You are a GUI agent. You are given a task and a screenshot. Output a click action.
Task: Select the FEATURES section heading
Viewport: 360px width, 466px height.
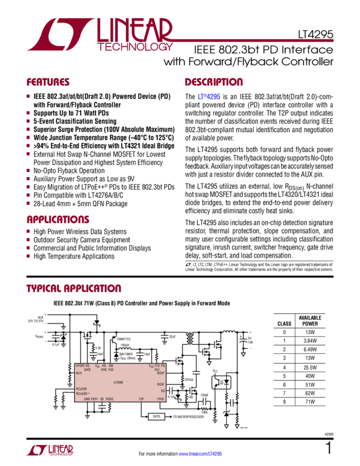(48, 83)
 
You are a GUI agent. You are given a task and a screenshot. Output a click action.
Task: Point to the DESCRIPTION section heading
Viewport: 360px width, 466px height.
(213, 83)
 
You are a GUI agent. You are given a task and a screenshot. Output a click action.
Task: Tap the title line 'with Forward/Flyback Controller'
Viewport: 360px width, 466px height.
(248, 62)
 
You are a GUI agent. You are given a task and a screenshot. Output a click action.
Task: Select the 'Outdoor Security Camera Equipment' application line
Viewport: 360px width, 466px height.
(81, 240)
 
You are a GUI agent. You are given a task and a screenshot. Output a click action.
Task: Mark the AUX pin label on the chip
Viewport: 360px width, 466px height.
(79, 372)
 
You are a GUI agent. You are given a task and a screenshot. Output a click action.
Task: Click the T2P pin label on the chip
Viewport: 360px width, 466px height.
(141, 399)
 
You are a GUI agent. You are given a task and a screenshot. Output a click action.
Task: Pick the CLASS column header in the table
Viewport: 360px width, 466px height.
(284, 322)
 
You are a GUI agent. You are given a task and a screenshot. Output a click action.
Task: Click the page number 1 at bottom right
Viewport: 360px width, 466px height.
(328, 448)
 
